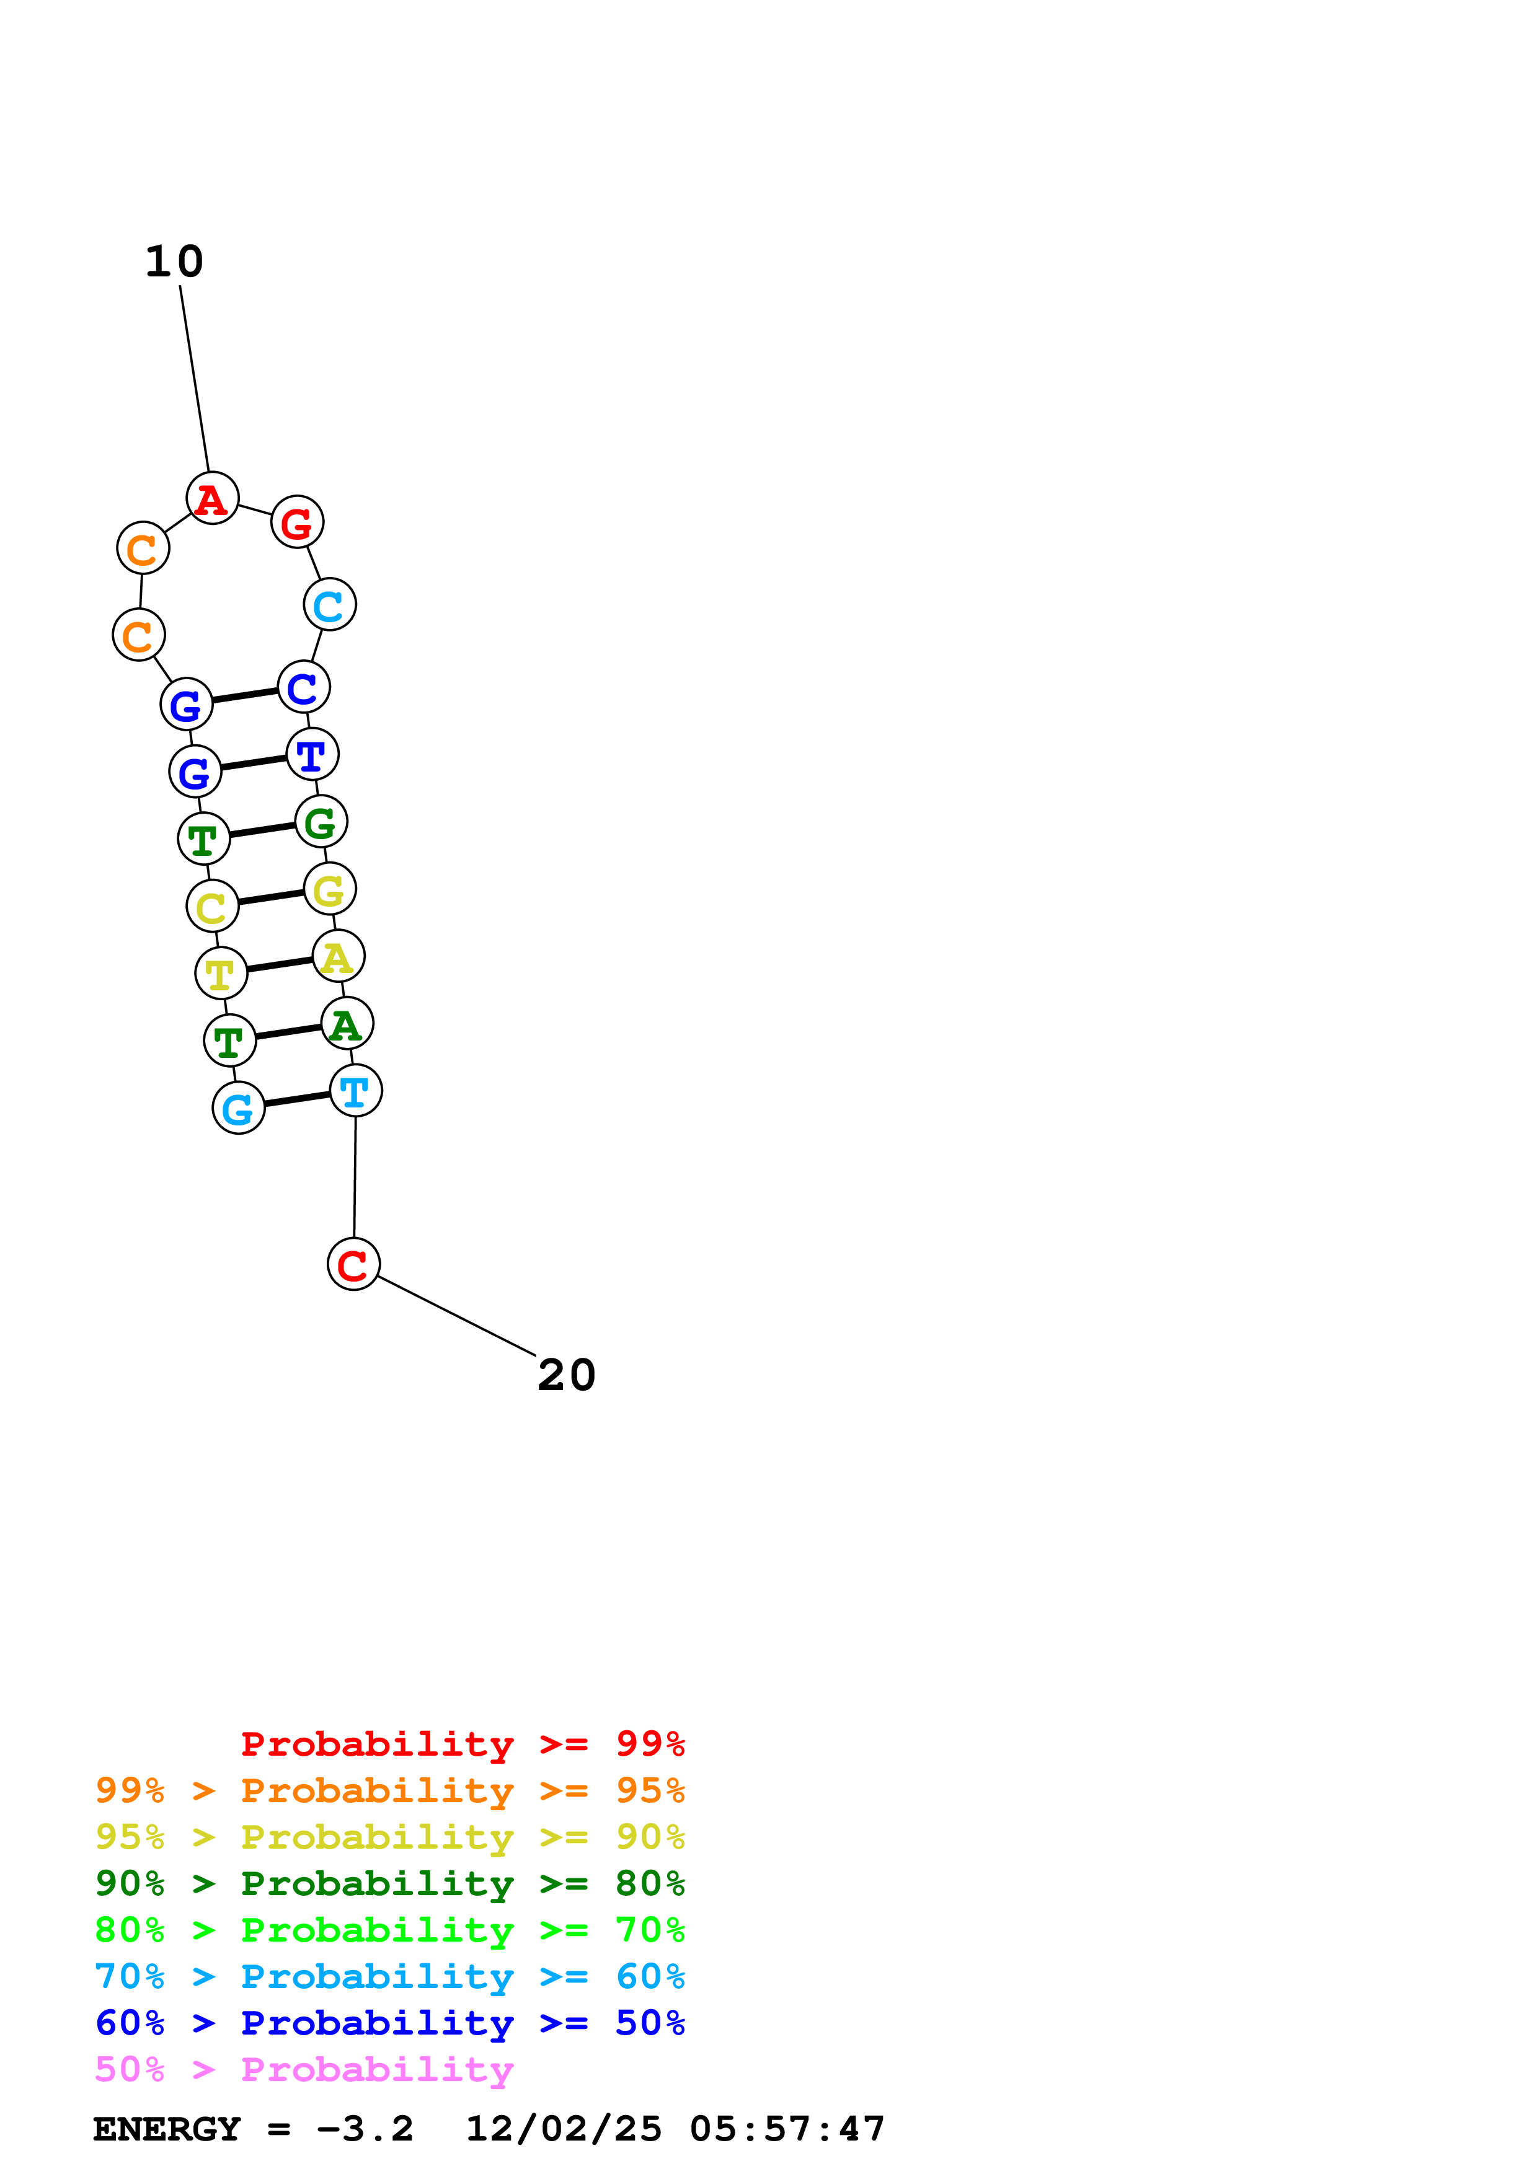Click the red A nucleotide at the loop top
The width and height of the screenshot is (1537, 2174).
point(212,498)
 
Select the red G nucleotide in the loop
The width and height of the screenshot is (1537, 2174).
point(298,522)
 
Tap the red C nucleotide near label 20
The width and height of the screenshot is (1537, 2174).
point(353,1264)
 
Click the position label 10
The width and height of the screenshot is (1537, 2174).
point(174,262)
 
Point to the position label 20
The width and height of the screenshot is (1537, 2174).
point(566,1375)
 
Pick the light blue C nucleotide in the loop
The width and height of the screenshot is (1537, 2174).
point(330,605)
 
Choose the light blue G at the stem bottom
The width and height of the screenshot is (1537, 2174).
point(239,1108)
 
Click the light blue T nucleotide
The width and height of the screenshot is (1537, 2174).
point(356,1091)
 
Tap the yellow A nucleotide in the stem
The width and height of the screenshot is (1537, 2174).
point(338,956)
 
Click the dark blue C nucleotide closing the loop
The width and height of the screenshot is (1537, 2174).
point(304,687)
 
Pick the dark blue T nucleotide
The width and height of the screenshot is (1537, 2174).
point(312,755)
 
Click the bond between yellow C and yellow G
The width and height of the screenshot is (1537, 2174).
point(271,897)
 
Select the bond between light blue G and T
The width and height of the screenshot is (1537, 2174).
point(298,1099)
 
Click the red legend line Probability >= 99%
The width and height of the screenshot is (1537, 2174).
point(463,1744)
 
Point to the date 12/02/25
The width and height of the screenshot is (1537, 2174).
point(564,2129)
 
